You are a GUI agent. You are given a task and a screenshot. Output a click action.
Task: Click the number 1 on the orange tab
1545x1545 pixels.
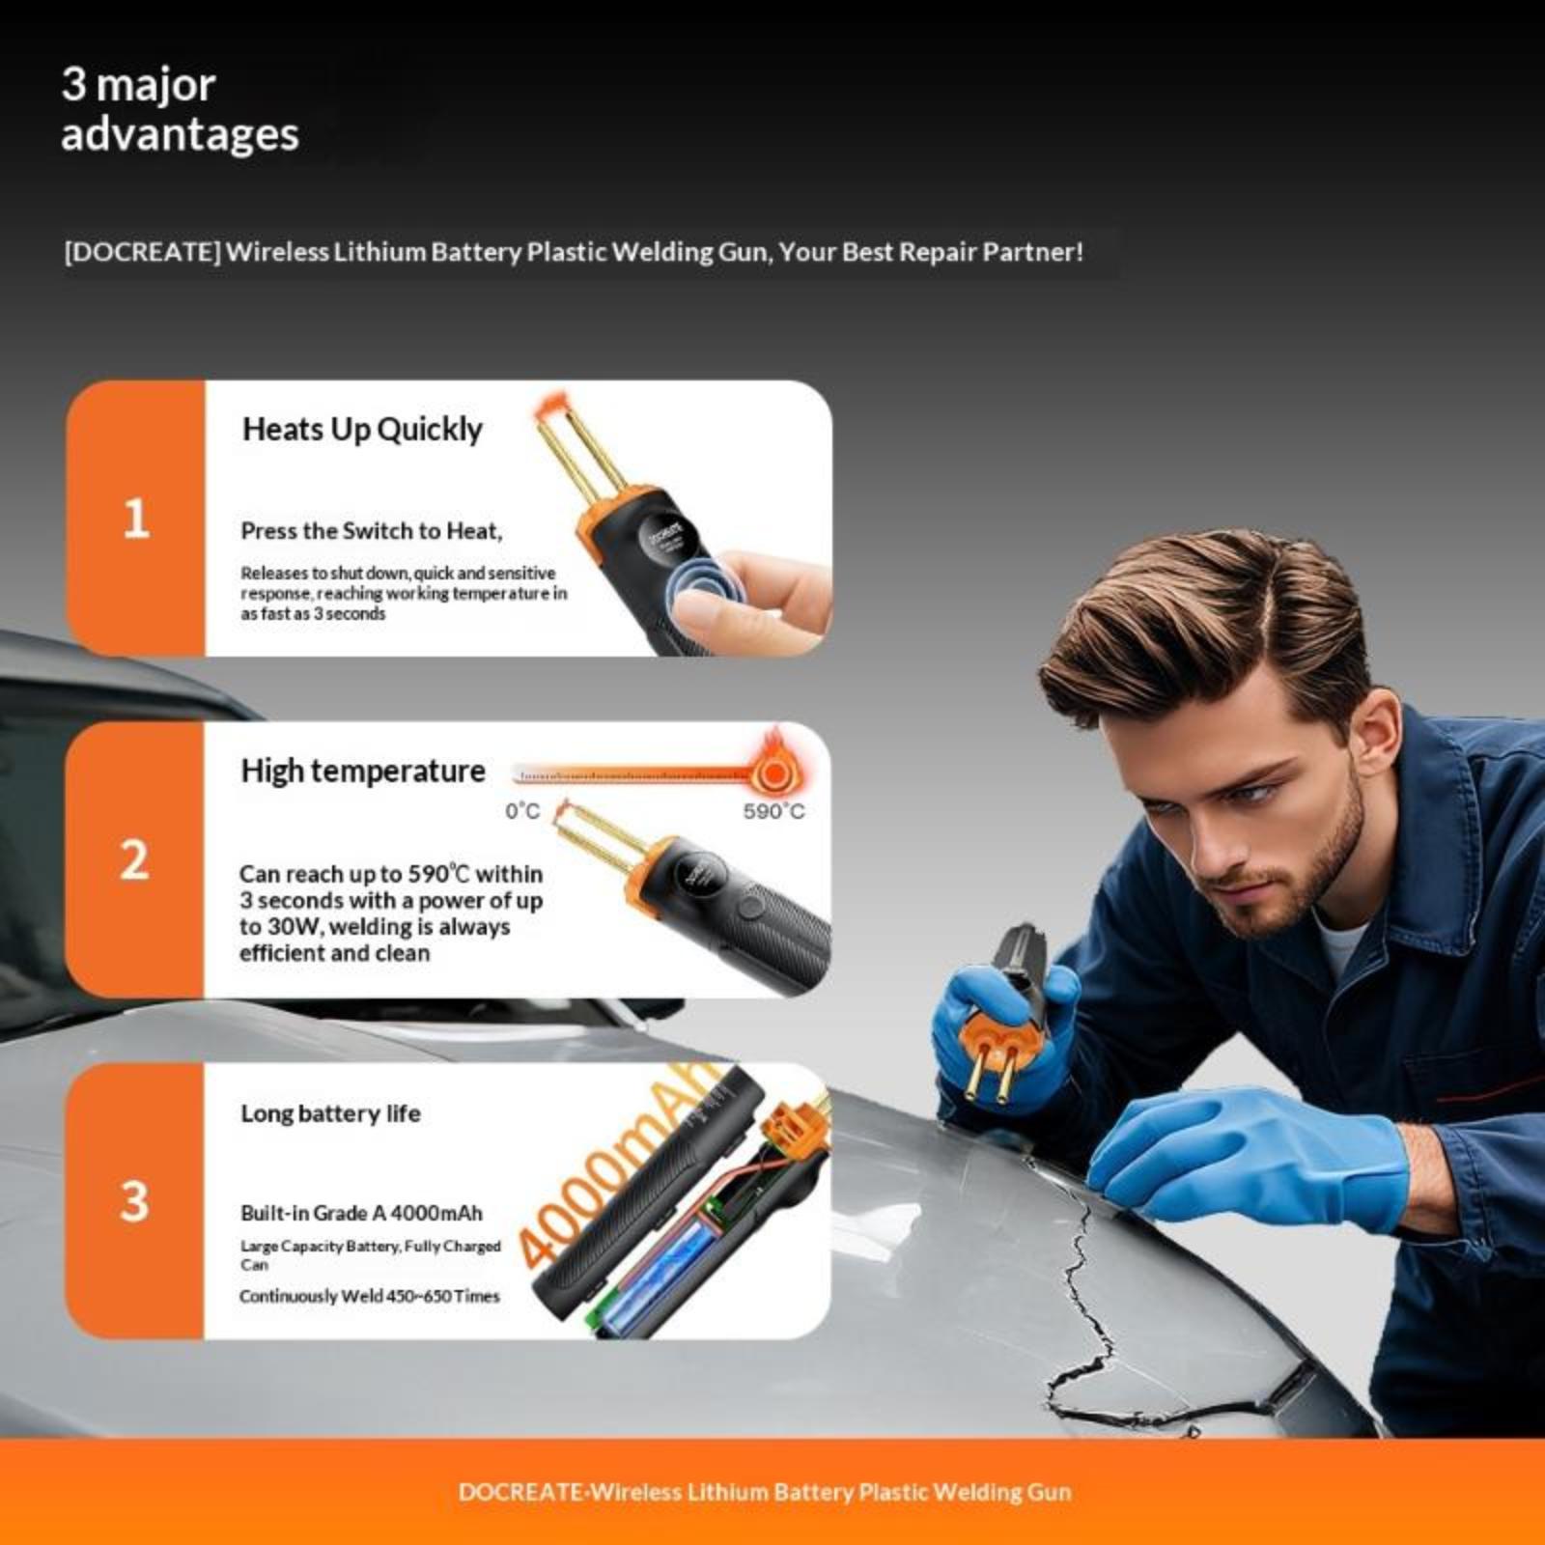136,519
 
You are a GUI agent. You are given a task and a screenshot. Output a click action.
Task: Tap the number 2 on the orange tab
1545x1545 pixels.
134,859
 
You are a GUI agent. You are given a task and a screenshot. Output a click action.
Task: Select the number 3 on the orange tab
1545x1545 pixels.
134,1201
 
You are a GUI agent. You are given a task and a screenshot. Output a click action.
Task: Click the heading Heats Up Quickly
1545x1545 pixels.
362,430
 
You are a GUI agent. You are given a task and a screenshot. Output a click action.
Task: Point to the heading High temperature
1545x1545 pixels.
363,771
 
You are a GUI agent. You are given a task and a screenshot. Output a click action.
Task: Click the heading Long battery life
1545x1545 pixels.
330,1113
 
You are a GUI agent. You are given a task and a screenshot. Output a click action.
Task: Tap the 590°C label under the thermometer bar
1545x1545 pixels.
773,811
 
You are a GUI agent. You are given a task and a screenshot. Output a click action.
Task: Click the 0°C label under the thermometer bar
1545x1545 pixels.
522,811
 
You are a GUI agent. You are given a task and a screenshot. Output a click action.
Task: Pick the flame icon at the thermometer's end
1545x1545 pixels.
774,763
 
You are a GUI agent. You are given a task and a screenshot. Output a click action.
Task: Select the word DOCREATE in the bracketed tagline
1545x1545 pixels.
143,252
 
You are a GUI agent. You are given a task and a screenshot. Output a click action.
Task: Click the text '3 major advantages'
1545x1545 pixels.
181,109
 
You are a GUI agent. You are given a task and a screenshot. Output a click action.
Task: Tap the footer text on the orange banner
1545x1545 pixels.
765,1492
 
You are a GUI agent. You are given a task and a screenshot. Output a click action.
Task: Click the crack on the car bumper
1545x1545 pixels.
1081,1284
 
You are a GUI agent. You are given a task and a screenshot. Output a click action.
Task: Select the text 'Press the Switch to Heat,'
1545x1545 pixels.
372,531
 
